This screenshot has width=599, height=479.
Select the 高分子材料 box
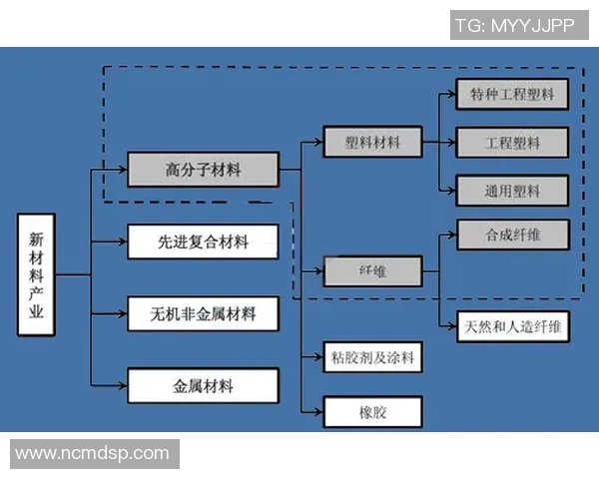(x=203, y=171)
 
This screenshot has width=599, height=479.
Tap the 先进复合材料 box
(x=203, y=241)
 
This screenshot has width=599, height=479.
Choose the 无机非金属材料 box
(x=203, y=313)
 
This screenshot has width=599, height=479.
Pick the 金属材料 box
(x=203, y=384)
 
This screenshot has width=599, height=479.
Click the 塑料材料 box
(x=372, y=143)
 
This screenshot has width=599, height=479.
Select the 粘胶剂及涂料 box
(x=372, y=356)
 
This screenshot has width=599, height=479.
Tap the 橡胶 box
(x=372, y=410)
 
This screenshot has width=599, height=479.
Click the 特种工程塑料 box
(x=512, y=96)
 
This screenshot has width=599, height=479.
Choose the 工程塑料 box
(x=512, y=143)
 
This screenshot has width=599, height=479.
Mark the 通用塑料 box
(x=512, y=190)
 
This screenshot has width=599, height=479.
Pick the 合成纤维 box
(x=512, y=236)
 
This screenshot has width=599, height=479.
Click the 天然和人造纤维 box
(x=512, y=326)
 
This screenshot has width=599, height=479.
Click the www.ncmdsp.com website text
(x=93, y=452)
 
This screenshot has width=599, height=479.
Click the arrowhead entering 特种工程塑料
(x=451, y=96)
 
